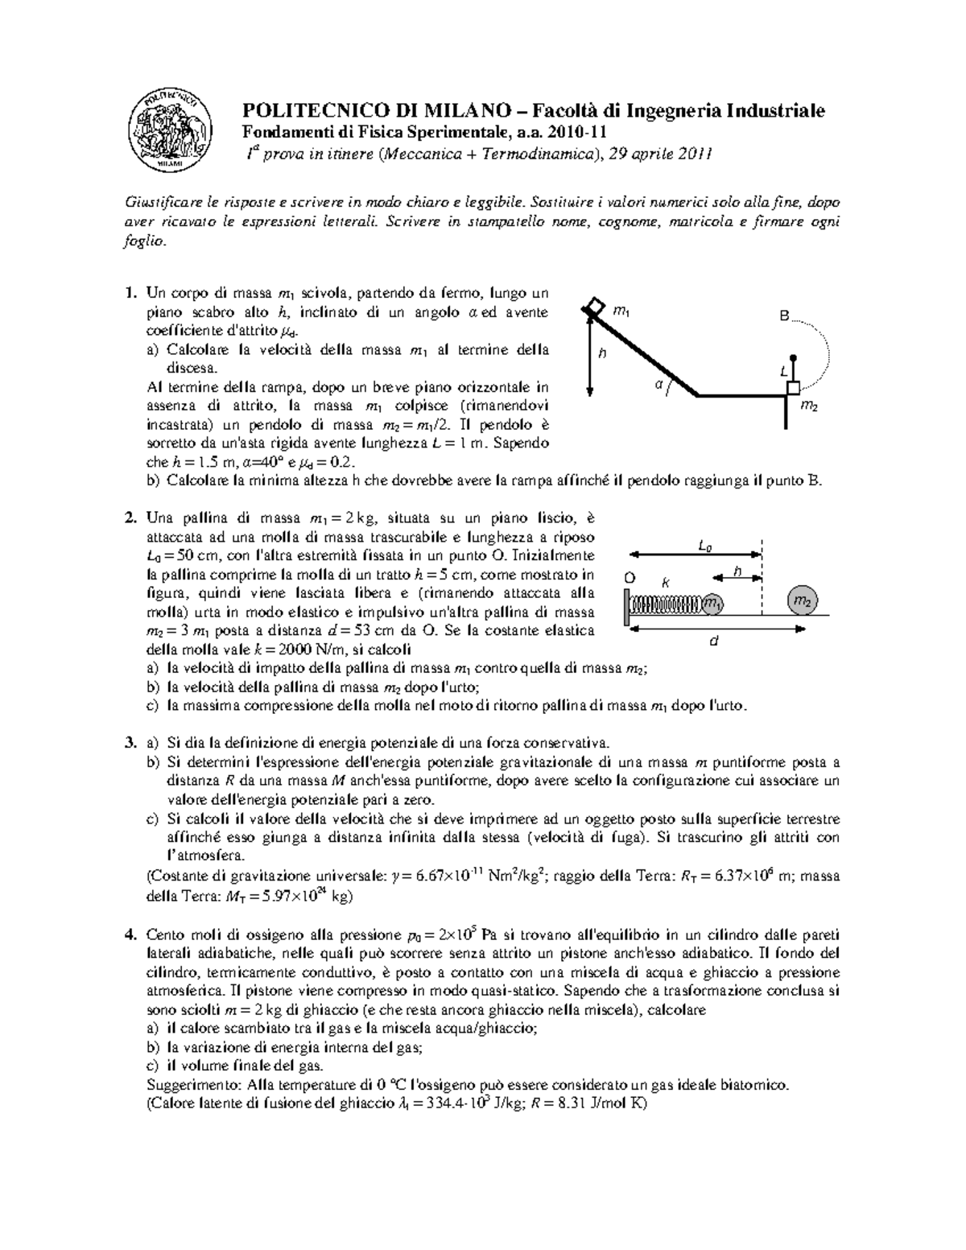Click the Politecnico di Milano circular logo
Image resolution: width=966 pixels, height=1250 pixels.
(x=171, y=129)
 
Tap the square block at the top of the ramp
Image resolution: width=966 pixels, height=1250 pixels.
(x=593, y=307)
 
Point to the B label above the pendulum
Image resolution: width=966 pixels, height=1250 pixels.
(x=784, y=317)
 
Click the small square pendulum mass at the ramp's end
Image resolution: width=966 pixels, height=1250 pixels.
(x=793, y=389)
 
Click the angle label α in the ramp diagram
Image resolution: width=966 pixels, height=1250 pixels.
(x=658, y=386)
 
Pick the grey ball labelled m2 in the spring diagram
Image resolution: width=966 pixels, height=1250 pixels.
(x=802, y=601)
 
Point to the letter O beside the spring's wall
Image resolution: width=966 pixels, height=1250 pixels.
(x=630, y=578)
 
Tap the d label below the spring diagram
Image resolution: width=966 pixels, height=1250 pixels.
(x=712, y=642)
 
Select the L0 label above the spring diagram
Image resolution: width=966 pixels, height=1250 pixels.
(x=704, y=547)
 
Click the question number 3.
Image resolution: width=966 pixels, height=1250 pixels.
(x=130, y=742)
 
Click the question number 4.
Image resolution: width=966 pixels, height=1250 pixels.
(x=130, y=934)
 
